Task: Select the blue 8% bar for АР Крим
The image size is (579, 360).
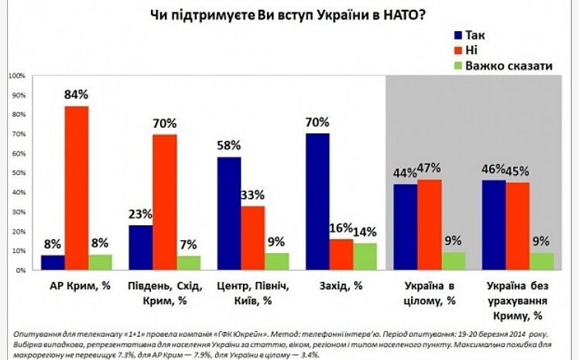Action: pyautogui.click(x=53, y=262)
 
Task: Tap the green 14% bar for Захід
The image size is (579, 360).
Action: pyautogui.click(x=366, y=256)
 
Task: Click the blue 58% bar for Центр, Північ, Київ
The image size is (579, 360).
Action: pyautogui.click(x=228, y=214)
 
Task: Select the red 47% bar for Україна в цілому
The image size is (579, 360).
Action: pyautogui.click(x=430, y=225)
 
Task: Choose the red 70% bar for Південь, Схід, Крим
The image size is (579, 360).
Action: pyautogui.click(x=163, y=202)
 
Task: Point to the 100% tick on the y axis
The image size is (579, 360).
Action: pyautogui.click(x=15, y=76)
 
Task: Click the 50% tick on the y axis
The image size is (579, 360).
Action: pyautogui.click(x=17, y=173)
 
